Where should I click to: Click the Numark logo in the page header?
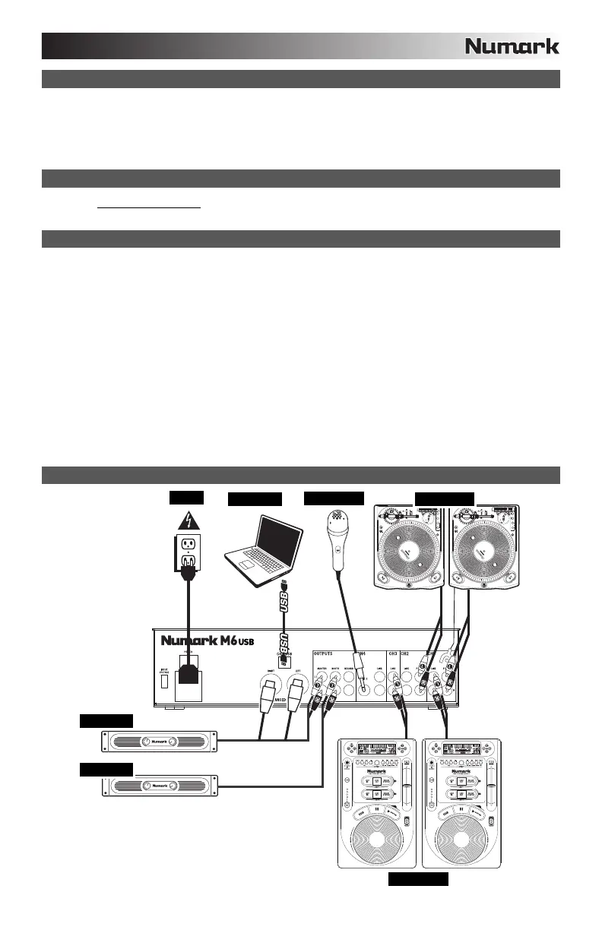click(x=512, y=46)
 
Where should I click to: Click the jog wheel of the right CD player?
click(x=463, y=830)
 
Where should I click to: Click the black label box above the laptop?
click(x=255, y=499)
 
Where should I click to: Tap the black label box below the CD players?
click(x=418, y=880)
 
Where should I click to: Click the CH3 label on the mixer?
click(x=393, y=651)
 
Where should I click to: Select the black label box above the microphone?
click(x=333, y=498)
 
